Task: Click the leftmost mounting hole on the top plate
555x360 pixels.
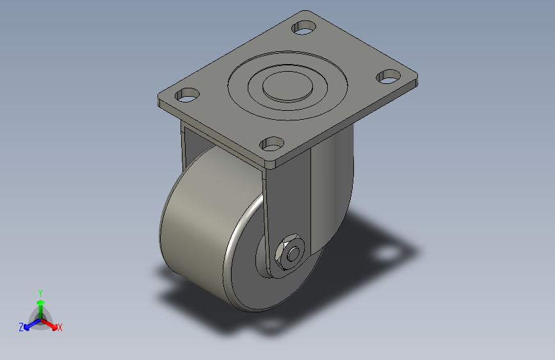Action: (x=188, y=95)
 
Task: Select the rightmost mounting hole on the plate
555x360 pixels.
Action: (x=389, y=76)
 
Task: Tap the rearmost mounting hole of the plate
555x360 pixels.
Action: (x=303, y=28)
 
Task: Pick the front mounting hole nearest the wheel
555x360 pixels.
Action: (x=272, y=144)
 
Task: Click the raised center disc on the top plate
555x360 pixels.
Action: (x=288, y=86)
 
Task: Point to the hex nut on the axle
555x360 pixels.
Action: (x=289, y=251)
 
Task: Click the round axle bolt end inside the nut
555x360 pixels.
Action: (x=293, y=254)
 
